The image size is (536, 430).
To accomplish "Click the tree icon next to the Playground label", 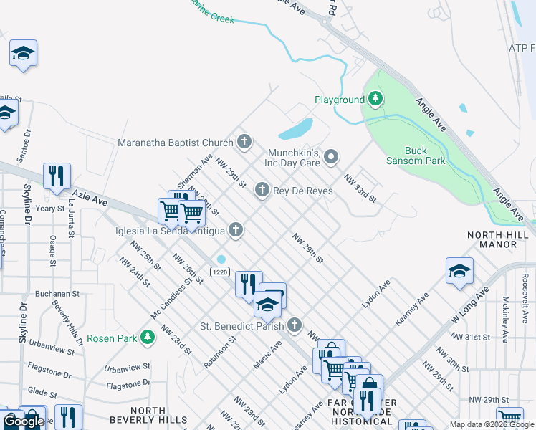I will pyautogui.click(x=375, y=100).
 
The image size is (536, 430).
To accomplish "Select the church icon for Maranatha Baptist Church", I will pyautogui.click(x=244, y=142).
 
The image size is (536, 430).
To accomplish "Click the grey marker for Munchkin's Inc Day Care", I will pyautogui.click(x=330, y=156).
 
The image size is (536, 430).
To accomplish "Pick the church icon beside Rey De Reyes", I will pyautogui.click(x=262, y=190).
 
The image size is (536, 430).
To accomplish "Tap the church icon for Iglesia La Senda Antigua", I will pyautogui.click(x=235, y=230).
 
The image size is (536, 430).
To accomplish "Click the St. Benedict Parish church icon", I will pyautogui.click(x=294, y=326).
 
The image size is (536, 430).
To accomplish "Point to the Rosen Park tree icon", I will pyautogui.click(x=147, y=337).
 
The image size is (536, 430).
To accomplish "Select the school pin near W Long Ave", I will pyautogui.click(x=459, y=271).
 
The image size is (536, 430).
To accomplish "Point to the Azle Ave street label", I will pyautogui.click(x=89, y=198).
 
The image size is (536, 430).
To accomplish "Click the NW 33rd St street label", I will pyautogui.click(x=360, y=188).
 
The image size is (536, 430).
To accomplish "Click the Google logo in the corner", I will pyautogui.click(x=24, y=421).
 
